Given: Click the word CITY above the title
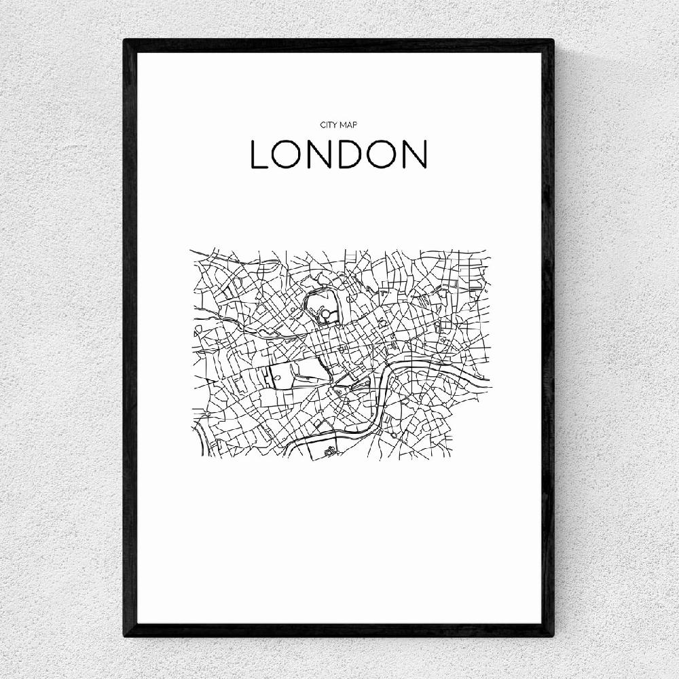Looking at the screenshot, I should click(329, 126).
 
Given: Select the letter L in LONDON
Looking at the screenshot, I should click(260, 155).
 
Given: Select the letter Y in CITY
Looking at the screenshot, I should click(335, 126).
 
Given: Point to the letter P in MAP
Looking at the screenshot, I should click(354, 126).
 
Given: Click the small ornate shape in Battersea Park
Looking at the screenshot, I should click(330, 449).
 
